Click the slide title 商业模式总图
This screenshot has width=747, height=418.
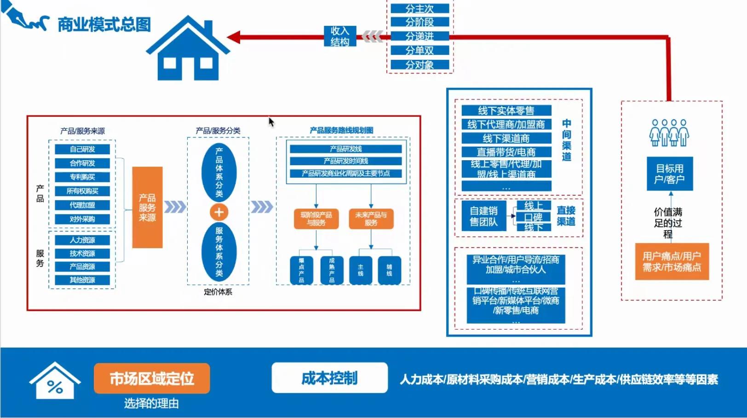coord(104,24)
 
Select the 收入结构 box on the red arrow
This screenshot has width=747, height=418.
coord(340,36)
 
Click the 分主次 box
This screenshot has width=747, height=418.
coord(419,8)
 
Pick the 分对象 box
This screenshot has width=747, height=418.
coord(419,64)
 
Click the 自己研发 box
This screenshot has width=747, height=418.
coord(82,149)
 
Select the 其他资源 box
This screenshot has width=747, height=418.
coord(82,280)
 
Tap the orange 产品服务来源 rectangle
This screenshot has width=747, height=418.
coord(147,208)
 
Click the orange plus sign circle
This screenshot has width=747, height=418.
coord(219,212)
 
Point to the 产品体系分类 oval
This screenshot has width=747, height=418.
coord(219,172)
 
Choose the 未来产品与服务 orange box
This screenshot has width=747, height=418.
coord(371,219)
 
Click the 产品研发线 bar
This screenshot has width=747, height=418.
coord(346,149)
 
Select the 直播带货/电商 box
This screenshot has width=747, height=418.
coord(506,152)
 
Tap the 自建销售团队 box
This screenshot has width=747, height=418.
coord(483,216)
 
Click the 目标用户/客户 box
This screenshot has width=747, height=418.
coord(669,174)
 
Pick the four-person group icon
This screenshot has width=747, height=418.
coord(669,133)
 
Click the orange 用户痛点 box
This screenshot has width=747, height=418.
coord(672,261)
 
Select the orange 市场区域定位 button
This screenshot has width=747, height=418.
coord(152,378)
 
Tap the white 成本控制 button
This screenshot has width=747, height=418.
coord(329,378)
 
